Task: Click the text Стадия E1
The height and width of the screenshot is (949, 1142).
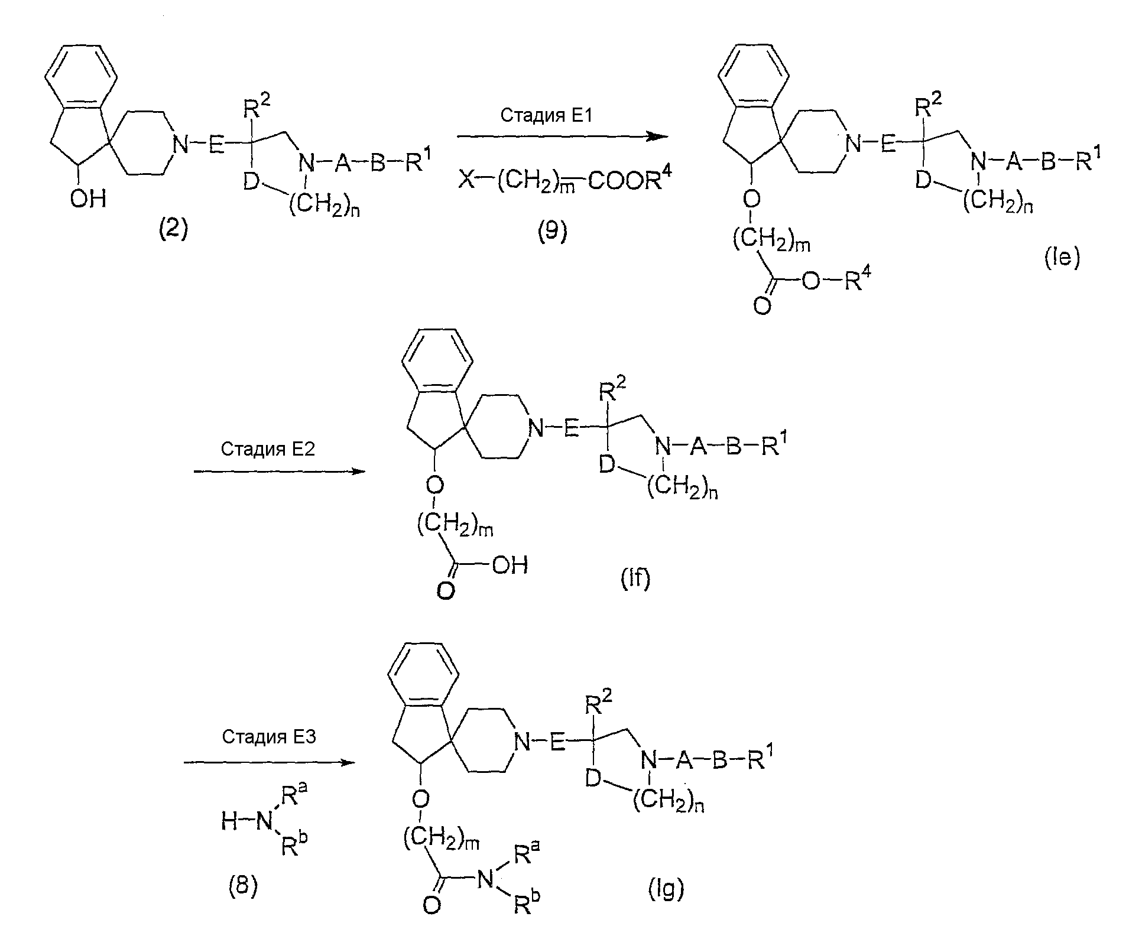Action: pos(546,116)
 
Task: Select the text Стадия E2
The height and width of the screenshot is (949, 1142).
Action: pos(268,449)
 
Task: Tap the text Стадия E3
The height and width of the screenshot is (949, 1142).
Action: pos(269,737)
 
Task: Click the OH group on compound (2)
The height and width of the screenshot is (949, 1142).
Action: pos(89,199)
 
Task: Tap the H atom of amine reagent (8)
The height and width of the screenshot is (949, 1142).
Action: pos(230,821)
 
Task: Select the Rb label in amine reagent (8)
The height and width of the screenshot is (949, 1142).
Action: pos(294,846)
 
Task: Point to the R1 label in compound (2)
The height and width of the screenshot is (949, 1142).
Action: pos(417,160)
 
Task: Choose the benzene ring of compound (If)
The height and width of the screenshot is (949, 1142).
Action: pos(437,361)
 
